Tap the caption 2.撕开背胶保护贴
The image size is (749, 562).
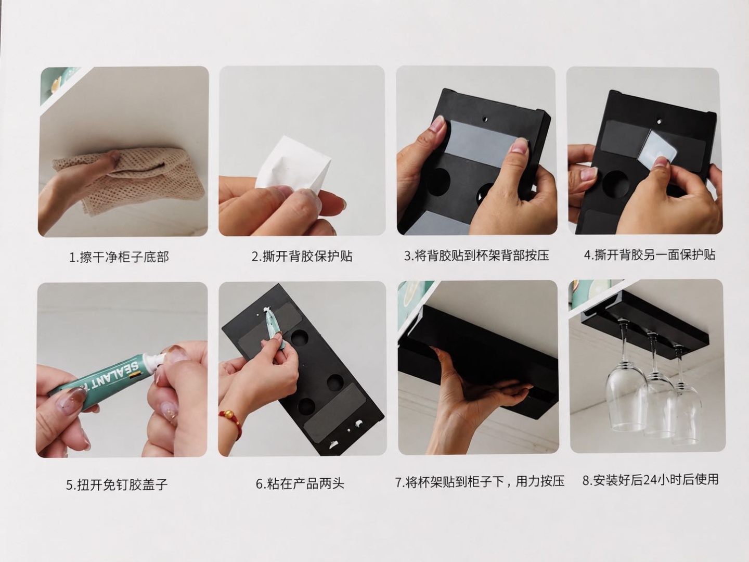pos(302,256)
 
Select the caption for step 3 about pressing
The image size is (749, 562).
pos(476,255)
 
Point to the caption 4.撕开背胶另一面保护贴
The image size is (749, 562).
pos(649,254)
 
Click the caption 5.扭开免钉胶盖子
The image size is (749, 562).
pos(117,484)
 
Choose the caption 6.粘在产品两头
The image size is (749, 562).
pos(300,483)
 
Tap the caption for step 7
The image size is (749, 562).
pos(480,481)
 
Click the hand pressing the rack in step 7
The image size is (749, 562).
pos(471,392)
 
